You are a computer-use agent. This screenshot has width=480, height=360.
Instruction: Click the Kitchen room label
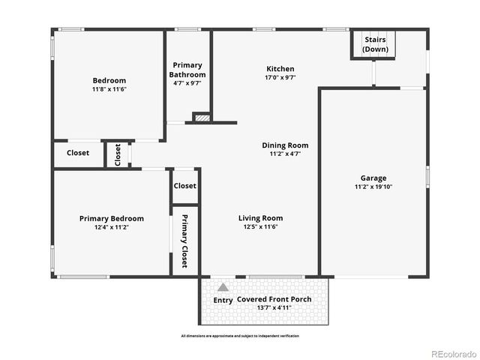click(280, 69)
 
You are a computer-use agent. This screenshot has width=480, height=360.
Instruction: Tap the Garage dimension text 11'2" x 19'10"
click(373, 187)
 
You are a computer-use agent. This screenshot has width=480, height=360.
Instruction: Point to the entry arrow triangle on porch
click(223, 287)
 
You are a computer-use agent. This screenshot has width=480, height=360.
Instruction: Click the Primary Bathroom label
click(187, 70)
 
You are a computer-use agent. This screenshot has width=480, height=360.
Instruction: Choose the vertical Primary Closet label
click(184, 241)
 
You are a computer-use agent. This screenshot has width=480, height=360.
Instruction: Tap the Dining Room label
click(284, 145)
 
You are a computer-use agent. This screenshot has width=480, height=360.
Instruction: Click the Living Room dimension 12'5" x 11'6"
click(260, 227)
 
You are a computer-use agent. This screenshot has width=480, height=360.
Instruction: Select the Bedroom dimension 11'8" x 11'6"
click(109, 89)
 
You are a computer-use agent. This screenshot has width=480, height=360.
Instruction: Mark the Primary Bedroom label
click(111, 219)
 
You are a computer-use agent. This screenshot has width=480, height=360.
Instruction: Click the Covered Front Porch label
click(274, 300)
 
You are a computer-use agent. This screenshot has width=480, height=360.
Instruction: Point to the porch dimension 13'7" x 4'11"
click(274, 308)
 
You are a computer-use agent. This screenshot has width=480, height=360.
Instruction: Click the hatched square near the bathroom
click(201, 117)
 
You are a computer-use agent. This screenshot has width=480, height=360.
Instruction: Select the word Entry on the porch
click(223, 301)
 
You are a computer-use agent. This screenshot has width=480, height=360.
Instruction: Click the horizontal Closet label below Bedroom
click(77, 153)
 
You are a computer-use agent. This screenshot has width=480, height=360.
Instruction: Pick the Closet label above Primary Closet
click(184, 186)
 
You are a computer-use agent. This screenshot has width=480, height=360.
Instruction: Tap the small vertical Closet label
click(118, 154)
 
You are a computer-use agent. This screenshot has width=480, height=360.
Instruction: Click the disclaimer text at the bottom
click(239, 336)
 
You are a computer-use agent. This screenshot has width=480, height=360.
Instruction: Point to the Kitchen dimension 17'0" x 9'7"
click(280, 77)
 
